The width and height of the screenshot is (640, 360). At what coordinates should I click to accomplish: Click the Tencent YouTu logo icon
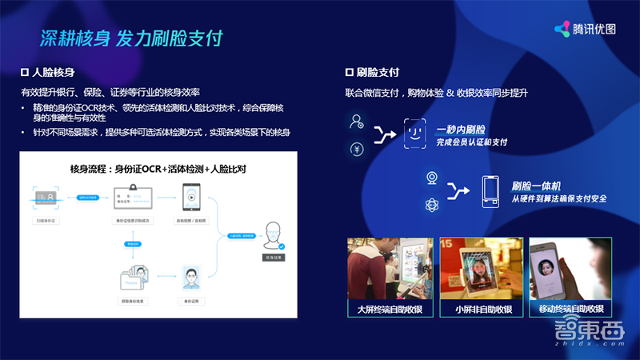(x=562, y=29)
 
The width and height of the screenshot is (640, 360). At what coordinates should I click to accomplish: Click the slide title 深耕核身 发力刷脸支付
(x=131, y=38)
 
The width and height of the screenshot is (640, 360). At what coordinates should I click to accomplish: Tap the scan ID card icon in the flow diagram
(x=46, y=195)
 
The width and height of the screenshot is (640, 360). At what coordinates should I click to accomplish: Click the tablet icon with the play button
(x=191, y=196)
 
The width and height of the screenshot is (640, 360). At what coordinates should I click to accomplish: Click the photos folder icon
(x=133, y=274)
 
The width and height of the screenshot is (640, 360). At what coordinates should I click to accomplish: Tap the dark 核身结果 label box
(x=274, y=258)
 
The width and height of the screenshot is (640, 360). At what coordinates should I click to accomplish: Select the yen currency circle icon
(x=356, y=149)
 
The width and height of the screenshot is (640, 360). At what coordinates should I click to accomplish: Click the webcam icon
(x=431, y=177)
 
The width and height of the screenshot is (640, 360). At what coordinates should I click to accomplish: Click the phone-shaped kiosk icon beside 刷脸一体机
(x=490, y=192)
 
